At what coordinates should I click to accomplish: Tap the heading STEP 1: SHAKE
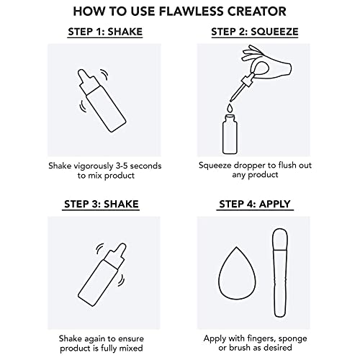(105, 32)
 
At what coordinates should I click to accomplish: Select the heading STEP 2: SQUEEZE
(255, 32)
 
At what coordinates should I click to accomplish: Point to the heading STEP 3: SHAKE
(101, 204)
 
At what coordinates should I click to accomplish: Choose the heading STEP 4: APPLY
(255, 204)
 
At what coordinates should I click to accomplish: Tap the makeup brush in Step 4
(280, 273)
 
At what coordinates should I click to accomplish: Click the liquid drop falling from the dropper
(230, 108)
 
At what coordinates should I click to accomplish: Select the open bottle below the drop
(230, 134)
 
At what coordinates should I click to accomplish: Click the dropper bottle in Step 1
(102, 101)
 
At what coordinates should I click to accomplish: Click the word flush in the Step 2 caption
(287, 165)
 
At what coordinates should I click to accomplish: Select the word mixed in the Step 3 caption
(132, 348)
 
